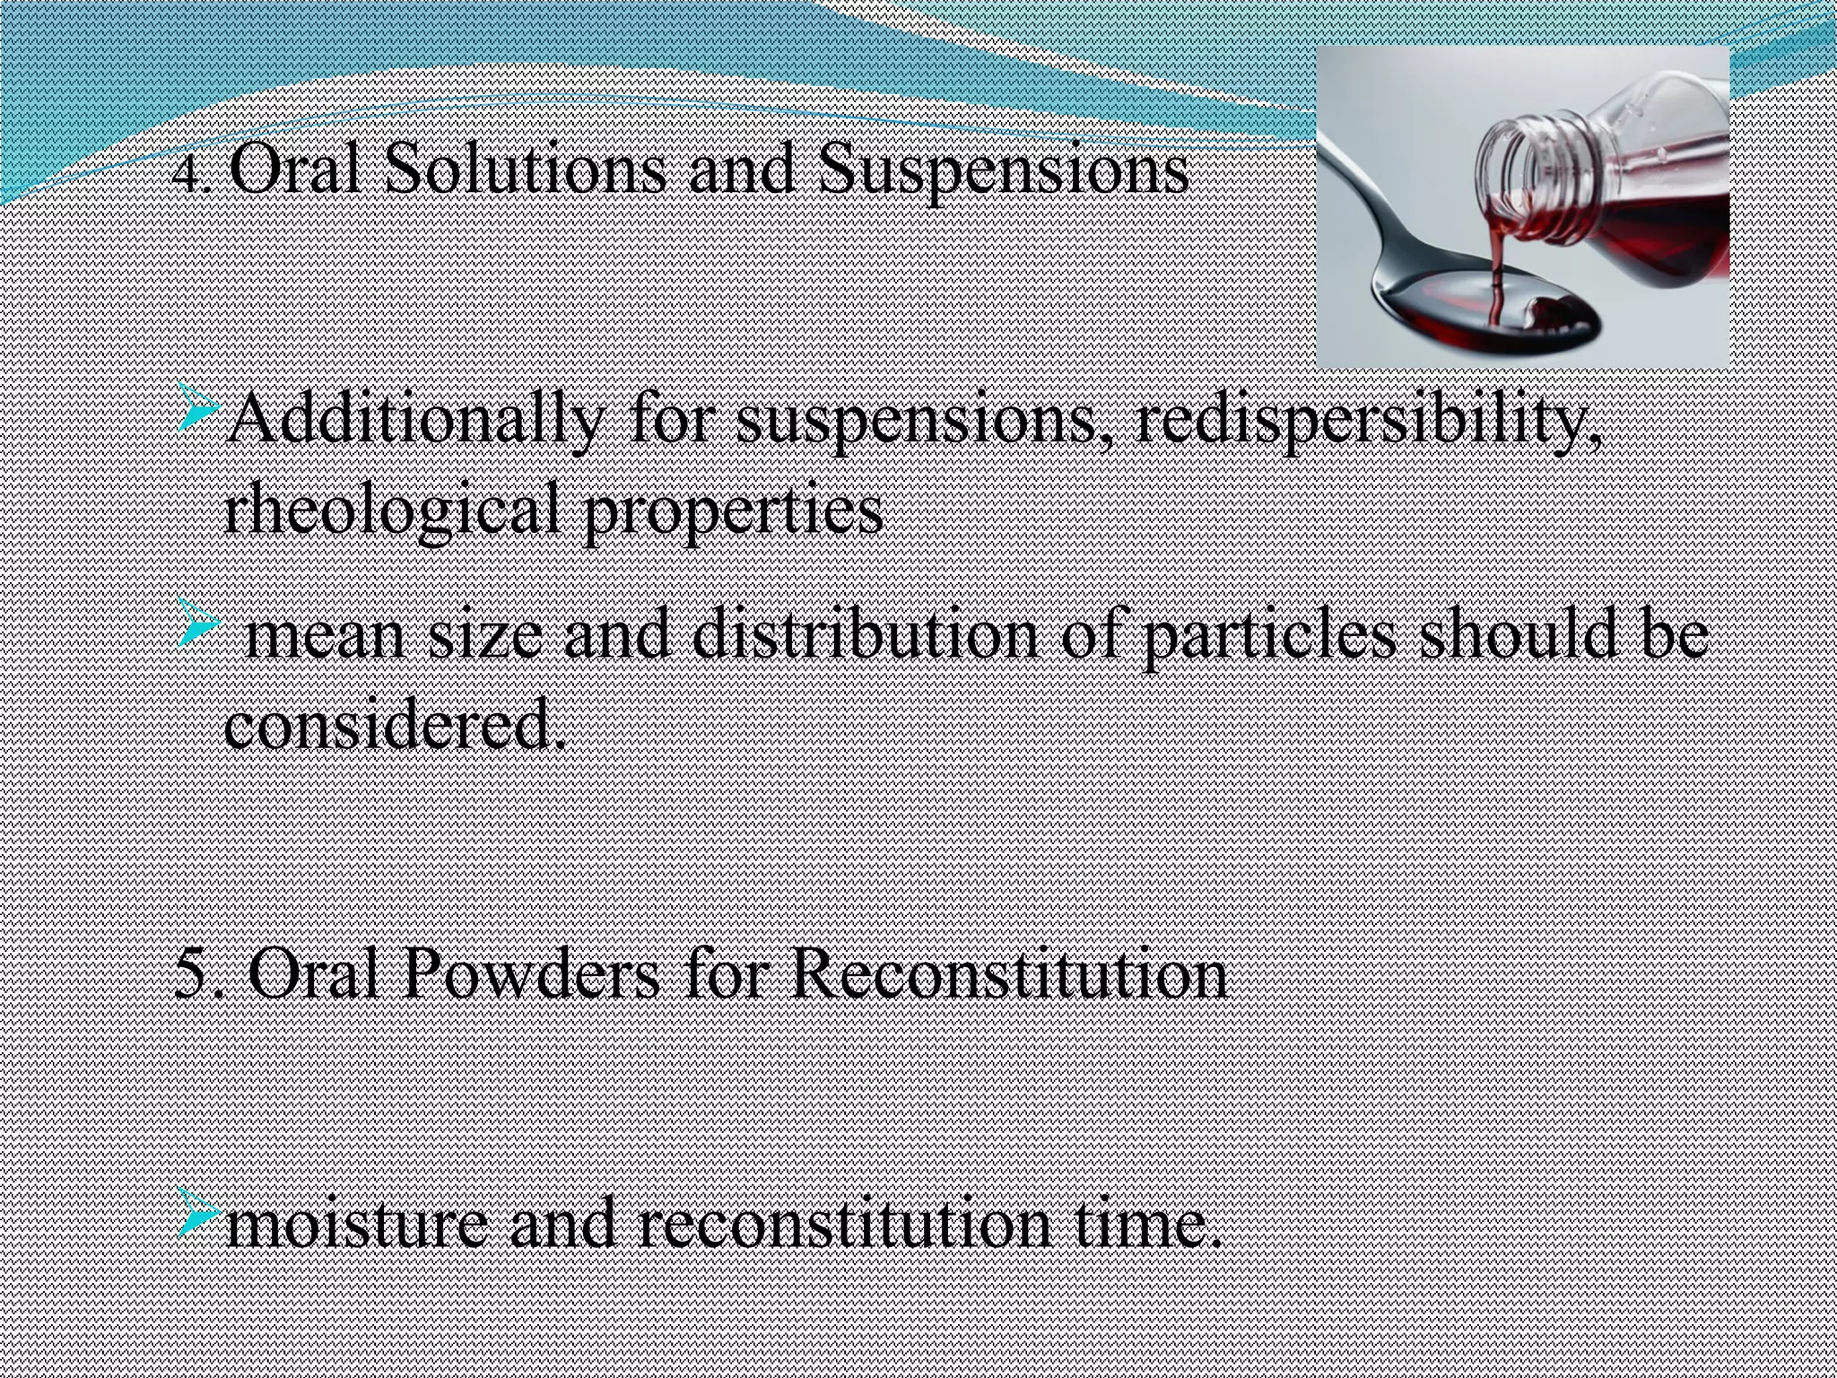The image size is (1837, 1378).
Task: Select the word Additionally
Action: pyautogui.click(x=413, y=422)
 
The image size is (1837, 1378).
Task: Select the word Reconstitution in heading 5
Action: pyautogui.click(x=1008, y=973)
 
